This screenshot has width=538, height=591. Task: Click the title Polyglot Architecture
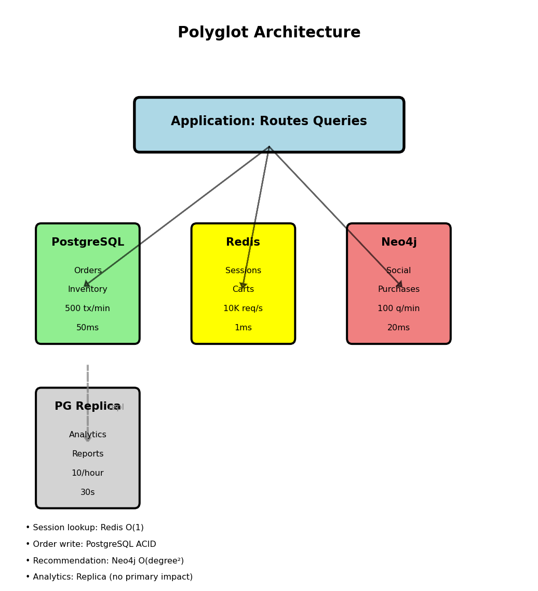click(x=269, y=33)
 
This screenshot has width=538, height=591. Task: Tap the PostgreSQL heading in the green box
click(x=88, y=243)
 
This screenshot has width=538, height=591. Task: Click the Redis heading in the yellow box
click(x=243, y=243)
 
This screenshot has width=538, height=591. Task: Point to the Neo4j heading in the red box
click(x=399, y=243)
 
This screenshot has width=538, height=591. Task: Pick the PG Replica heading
click(x=87, y=407)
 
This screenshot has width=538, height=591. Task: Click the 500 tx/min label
click(x=88, y=308)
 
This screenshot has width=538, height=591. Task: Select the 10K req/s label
click(x=243, y=308)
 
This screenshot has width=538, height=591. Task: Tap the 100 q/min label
click(x=399, y=308)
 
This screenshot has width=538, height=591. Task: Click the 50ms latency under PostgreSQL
click(x=88, y=328)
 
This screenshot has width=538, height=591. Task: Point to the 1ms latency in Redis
click(x=243, y=328)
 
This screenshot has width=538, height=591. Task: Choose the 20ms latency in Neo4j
click(x=399, y=328)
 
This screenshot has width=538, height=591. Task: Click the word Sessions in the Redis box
click(x=243, y=271)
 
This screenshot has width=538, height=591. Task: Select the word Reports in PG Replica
click(x=88, y=454)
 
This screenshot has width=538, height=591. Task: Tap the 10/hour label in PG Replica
click(x=88, y=473)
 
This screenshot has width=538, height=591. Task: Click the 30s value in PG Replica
click(x=88, y=492)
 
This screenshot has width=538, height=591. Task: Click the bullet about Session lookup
click(x=85, y=528)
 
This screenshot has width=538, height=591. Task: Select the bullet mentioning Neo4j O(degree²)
click(x=105, y=561)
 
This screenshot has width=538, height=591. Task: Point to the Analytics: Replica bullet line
click(x=109, y=577)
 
